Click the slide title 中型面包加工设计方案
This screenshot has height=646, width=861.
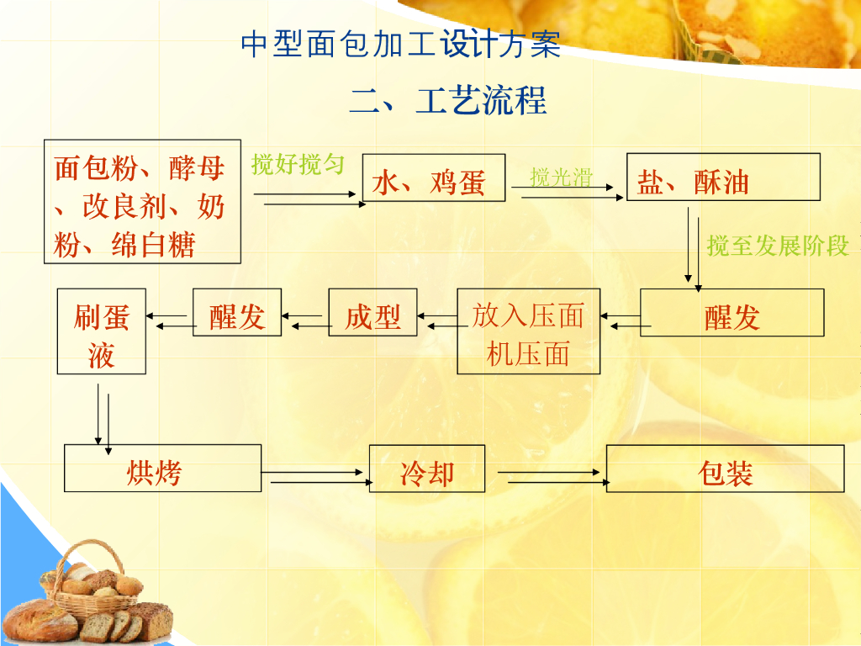(400, 45)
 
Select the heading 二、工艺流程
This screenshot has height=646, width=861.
(447, 100)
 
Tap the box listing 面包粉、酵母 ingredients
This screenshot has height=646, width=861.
(142, 201)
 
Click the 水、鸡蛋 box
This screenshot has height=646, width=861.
(433, 177)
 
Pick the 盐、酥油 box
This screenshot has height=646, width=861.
(723, 177)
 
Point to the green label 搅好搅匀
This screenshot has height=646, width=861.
(298, 164)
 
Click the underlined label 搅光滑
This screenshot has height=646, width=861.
(561, 177)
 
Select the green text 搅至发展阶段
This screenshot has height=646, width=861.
(778, 246)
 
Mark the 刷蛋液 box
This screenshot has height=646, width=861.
(102, 331)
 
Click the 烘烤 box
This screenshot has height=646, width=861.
(162, 469)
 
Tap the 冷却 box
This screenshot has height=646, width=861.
(427, 469)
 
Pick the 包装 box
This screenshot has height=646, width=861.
(725, 469)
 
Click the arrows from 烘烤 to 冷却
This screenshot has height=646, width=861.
(314, 477)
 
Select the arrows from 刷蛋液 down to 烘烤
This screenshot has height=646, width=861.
(103, 416)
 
